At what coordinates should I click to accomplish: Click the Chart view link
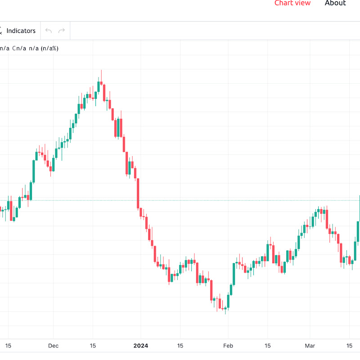point(292,3)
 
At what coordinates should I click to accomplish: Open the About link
point(335,3)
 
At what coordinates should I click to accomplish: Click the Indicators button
point(21,31)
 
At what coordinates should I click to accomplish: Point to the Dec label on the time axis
point(53,346)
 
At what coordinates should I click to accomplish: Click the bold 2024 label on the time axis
point(140,346)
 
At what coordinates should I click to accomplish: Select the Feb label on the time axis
point(228,346)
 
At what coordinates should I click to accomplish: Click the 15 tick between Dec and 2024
point(93,346)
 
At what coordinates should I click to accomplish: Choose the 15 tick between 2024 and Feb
point(180,346)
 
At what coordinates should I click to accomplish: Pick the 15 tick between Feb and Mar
point(267,346)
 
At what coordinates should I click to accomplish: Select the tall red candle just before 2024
point(138,193)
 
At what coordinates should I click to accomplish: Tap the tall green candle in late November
point(34,171)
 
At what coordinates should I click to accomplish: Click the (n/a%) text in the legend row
point(49,48)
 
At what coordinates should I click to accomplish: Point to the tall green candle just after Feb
point(233,274)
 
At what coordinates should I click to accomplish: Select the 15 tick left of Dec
point(8,346)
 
